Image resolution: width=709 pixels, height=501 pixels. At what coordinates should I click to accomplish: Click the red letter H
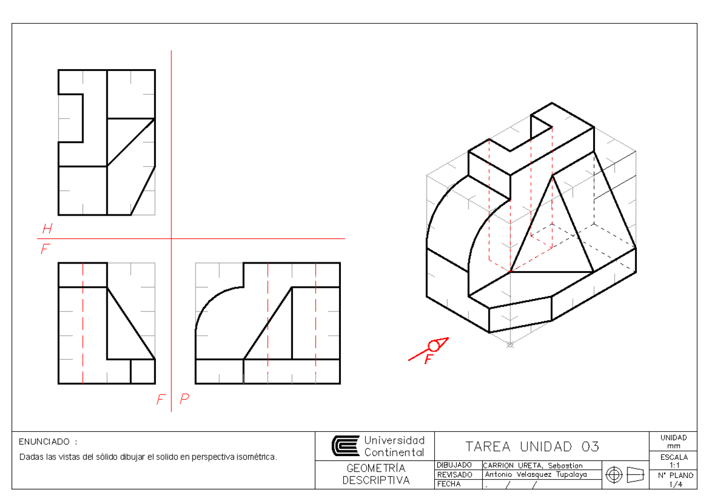pyautogui.click(x=47, y=228)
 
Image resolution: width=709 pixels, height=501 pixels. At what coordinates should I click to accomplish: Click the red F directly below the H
pyautogui.click(x=45, y=249)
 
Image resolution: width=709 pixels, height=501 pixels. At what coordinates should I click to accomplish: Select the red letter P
pyautogui.click(x=184, y=398)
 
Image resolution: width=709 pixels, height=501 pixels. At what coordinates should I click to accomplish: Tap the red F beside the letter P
pyautogui.click(x=161, y=399)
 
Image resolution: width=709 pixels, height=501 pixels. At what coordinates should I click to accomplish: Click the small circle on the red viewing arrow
pyautogui.click(x=434, y=346)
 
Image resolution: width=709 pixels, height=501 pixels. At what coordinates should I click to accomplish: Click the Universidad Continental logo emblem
pyautogui.click(x=346, y=445)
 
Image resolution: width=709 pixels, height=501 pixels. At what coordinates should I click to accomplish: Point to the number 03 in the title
pyautogui.click(x=590, y=447)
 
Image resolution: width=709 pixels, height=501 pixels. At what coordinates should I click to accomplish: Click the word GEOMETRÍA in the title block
pyautogui.click(x=376, y=468)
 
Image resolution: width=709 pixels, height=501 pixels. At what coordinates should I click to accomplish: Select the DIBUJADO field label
pyautogui.click(x=454, y=465)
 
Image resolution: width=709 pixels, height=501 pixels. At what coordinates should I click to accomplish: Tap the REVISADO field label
pyautogui.click(x=454, y=475)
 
